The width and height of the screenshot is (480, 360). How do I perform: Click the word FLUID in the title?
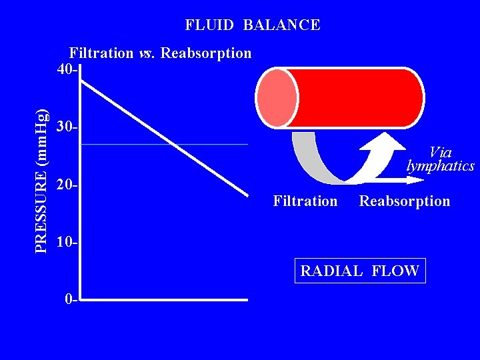pos(209,26)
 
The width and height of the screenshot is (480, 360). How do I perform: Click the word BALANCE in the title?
pos(281,26)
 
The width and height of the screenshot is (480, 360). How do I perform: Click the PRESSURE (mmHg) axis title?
pos(41,180)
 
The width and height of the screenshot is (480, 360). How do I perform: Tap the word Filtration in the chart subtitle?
pos(101,53)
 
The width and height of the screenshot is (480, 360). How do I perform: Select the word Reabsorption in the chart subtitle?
pos(206,53)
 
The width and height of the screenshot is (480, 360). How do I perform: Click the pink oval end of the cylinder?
pos(277,98)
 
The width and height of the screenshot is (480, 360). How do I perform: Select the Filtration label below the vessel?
pos(305,201)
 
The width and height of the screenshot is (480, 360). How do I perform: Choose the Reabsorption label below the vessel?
pos(405,201)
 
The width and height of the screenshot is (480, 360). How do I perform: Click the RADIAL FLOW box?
pos(360,271)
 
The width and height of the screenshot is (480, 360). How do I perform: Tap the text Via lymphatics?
pos(441,159)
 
